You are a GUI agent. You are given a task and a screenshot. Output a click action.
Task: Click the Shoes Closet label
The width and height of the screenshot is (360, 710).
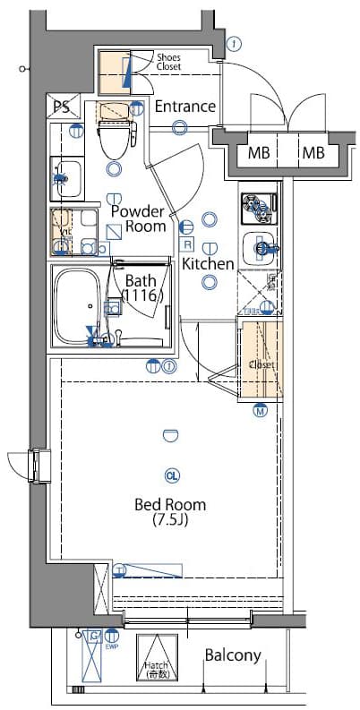168,62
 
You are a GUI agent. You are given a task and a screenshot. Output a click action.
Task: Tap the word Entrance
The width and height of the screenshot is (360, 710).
185,107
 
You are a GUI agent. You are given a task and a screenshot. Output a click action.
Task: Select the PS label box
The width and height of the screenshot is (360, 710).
61,107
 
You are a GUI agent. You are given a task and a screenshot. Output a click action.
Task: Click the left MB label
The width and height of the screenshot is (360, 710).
258,152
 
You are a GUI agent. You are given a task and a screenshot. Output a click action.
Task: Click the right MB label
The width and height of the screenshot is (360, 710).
313,152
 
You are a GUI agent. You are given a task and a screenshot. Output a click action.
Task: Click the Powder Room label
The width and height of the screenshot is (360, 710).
138,219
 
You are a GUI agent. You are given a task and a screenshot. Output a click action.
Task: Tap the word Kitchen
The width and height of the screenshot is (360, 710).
208,264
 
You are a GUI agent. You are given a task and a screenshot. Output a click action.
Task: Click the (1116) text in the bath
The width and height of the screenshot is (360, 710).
141,295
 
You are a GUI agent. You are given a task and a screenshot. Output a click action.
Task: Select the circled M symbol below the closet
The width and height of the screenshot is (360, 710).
260,412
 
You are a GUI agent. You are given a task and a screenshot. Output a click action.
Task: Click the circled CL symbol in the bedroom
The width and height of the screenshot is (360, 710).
171,475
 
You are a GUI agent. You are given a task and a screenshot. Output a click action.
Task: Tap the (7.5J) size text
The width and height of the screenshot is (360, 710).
170,519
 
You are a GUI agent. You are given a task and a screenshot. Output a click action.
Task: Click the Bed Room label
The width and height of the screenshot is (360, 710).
170,503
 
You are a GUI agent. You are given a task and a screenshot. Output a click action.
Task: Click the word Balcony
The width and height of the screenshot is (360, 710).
233,655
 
